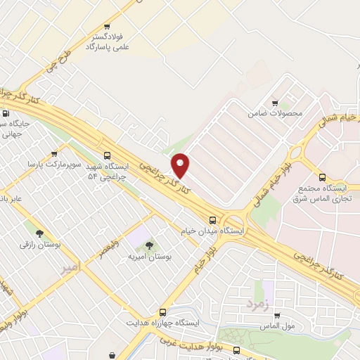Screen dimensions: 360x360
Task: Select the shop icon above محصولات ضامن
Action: [x=274, y=102]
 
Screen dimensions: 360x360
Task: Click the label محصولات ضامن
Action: [x=274, y=112]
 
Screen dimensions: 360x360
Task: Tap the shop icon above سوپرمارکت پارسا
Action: [x=54, y=153]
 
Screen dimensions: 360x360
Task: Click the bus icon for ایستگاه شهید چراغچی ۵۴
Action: [x=107, y=155]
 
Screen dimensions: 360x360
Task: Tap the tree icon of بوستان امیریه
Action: [x=149, y=245]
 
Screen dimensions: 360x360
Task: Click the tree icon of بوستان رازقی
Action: [x=39, y=233]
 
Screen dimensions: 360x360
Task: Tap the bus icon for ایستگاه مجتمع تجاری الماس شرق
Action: [x=322, y=177]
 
